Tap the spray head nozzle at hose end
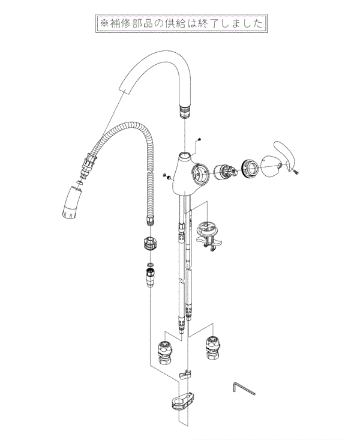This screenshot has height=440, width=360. [71, 203]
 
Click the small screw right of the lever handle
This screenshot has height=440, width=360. [296, 172]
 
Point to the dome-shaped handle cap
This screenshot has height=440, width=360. [270, 166]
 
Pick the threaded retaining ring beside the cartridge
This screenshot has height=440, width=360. [250, 168]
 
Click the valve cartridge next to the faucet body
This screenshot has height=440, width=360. [225, 172]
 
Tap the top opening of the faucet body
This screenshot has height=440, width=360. [185, 155]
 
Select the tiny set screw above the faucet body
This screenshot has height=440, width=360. [199, 139]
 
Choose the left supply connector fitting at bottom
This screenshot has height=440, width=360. [165, 352]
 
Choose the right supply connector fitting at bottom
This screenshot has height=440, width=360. [212, 348]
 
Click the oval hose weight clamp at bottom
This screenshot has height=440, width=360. [182, 401]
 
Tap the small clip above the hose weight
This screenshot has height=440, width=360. [185, 375]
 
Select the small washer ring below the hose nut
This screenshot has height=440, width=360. [150, 264]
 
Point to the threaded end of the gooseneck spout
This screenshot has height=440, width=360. [185, 110]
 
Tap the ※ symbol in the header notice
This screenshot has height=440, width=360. [104, 23]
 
